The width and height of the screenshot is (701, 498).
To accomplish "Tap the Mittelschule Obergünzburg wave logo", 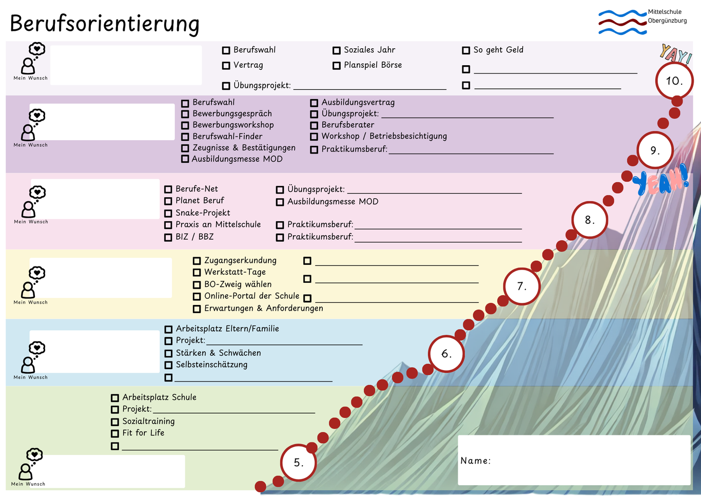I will [622, 22].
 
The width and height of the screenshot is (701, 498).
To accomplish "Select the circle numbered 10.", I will [674, 81].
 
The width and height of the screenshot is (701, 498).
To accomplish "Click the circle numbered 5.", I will [298, 463].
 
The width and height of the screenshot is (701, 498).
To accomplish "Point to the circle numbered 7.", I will [522, 286].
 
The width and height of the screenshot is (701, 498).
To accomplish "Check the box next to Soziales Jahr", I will [337, 50].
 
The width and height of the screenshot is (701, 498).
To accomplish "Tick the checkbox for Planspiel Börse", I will [337, 66].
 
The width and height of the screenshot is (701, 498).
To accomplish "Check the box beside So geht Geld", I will [466, 50].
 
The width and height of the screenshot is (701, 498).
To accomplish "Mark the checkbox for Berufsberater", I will [314, 125].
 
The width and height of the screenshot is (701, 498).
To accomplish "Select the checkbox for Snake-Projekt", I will [168, 213].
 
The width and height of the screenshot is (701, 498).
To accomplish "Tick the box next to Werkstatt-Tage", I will [197, 273].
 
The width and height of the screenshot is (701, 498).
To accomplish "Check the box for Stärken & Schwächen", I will [168, 353].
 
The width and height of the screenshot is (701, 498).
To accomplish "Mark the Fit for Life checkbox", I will [115, 433].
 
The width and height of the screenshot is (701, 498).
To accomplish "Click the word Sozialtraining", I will [148, 421].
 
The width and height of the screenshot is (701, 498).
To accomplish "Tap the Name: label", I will [475, 461].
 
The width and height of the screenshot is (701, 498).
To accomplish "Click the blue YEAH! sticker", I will [660, 180].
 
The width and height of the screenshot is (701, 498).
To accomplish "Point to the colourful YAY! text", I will [676, 54].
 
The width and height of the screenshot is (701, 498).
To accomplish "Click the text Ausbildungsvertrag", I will [358, 102].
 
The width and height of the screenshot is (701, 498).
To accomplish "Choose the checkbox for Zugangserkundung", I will [197, 261].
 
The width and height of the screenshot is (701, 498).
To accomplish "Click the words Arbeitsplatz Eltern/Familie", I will [227, 329].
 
